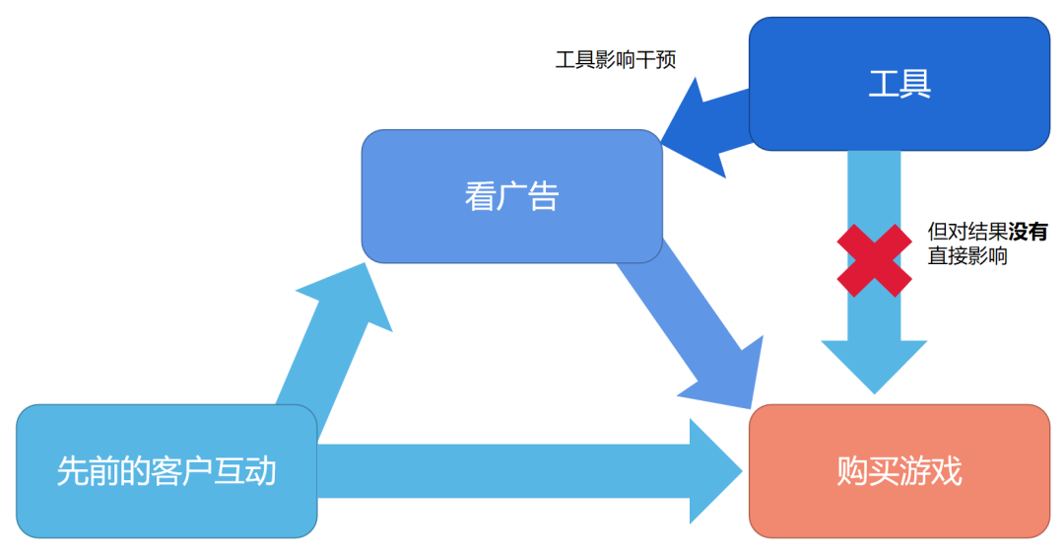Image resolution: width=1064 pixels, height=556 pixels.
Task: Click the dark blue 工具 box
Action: (x=898, y=84)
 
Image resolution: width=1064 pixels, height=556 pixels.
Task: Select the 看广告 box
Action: (x=511, y=196)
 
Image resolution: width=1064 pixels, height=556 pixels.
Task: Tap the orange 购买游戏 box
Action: (x=898, y=471)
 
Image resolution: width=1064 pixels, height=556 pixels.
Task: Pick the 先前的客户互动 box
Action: (x=166, y=471)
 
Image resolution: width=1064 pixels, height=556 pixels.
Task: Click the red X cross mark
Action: (x=874, y=260)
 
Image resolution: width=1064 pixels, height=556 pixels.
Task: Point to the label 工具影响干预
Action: (x=616, y=59)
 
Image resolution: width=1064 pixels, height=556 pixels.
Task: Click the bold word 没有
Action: (x=1029, y=233)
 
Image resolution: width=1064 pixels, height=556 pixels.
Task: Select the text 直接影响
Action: (x=967, y=257)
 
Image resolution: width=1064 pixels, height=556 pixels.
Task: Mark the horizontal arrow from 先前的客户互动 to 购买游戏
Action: (x=522, y=471)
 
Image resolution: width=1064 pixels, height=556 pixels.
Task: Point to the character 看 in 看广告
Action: (x=480, y=196)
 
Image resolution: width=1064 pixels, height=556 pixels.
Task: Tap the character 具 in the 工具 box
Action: (x=915, y=84)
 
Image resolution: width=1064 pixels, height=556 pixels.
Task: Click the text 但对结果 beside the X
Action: (x=967, y=233)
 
